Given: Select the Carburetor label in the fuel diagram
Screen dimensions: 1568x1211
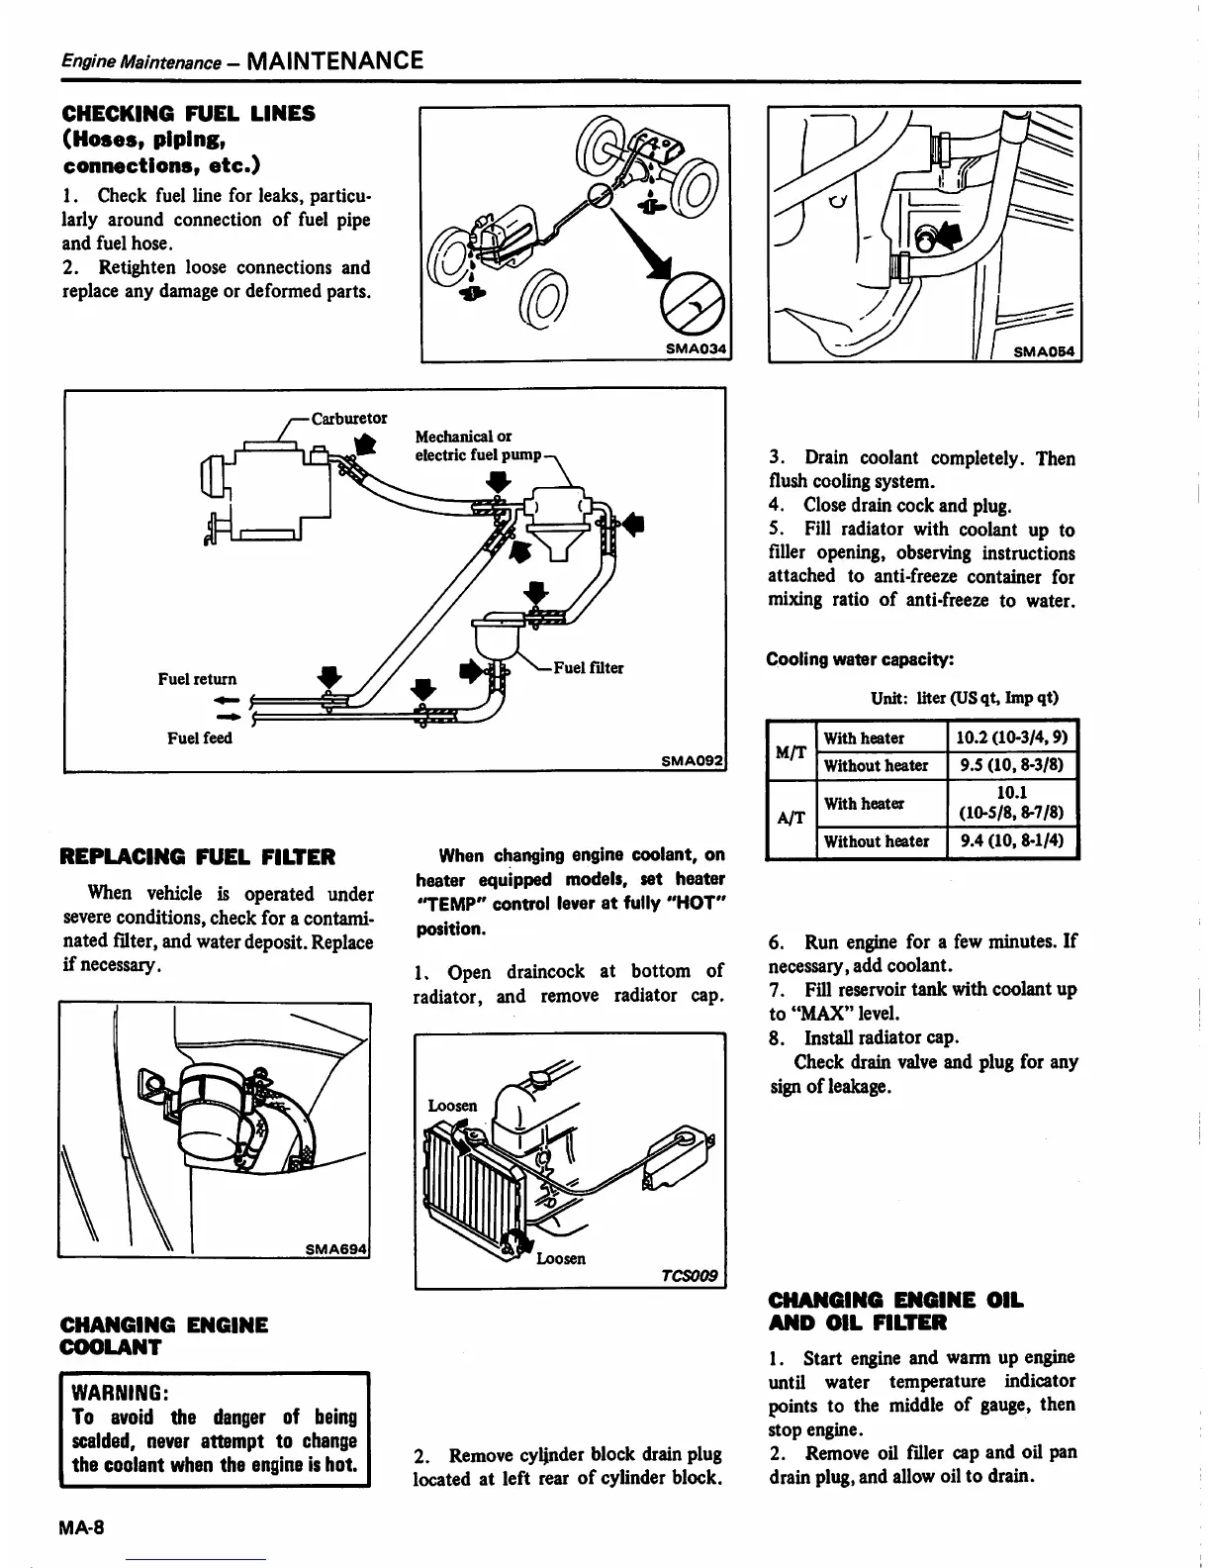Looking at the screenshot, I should coord(349,418).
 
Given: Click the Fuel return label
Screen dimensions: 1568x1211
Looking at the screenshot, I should coord(198,679).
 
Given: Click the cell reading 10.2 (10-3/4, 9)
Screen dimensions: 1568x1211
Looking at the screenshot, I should coord(1012,737).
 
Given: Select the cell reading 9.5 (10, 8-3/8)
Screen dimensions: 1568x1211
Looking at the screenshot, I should coord(1012,765).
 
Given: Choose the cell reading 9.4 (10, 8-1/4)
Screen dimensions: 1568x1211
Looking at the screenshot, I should coord(1012,841).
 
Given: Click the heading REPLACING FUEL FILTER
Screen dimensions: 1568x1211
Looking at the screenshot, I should coord(198,856).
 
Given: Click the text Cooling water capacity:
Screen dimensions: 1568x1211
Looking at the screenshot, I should coord(860,660).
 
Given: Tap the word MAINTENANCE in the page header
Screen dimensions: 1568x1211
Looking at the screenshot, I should coord(335,60).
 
